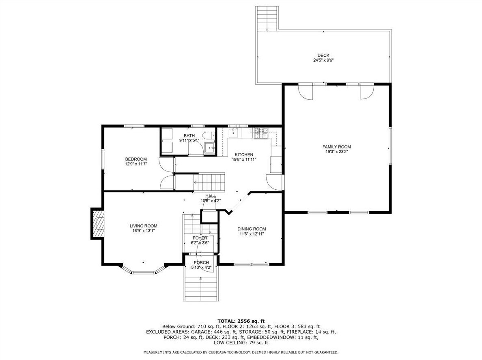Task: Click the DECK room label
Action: pyautogui.click(x=323, y=56)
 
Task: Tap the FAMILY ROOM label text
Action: pyautogui.click(x=337, y=147)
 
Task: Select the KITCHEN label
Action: pyautogui.click(x=244, y=154)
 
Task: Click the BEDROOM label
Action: pyautogui.click(x=136, y=159)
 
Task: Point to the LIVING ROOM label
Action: pyautogui.click(x=143, y=226)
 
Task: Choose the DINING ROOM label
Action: pyautogui.click(x=252, y=229)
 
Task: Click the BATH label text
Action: pyautogui.click(x=189, y=135)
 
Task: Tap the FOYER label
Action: pyautogui.click(x=200, y=238)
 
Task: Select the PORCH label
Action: pyautogui.click(x=201, y=263)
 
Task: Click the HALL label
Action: pyautogui.click(x=211, y=196)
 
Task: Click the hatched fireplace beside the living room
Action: pyautogui.click(x=97, y=223)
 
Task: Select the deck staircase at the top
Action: pyautogui.click(x=267, y=18)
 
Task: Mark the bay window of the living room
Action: pyautogui.click(x=143, y=269)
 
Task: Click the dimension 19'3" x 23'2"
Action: pyautogui.click(x=337, y=152)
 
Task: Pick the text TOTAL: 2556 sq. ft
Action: pyautogui.click(x=241, y=321)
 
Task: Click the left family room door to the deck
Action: pyautogui.click(x=306, y=92)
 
